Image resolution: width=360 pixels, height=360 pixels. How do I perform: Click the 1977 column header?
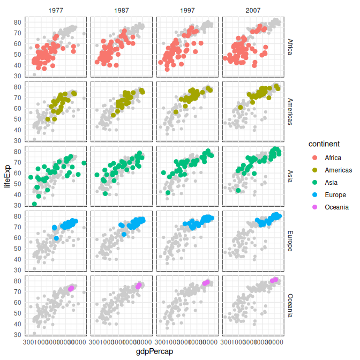coord(57,11)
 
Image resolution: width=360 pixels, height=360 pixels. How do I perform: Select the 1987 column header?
coord(122,11)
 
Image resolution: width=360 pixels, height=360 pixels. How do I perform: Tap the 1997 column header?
coord(187,11)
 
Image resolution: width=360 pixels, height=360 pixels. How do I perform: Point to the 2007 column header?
coord(253,11)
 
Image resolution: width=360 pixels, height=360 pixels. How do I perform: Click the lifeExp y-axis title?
coord(7,176)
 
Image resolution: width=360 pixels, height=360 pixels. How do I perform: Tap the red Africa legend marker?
coord(313,157)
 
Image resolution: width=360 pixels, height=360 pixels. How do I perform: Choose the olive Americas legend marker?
coord(313,170)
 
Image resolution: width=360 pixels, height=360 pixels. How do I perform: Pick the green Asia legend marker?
coord(313,182)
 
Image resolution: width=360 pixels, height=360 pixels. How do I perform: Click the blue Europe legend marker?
coord(313,194)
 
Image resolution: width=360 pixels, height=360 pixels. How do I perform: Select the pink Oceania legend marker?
coord(313,207)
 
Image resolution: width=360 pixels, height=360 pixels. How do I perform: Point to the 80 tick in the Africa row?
coord(18,22)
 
